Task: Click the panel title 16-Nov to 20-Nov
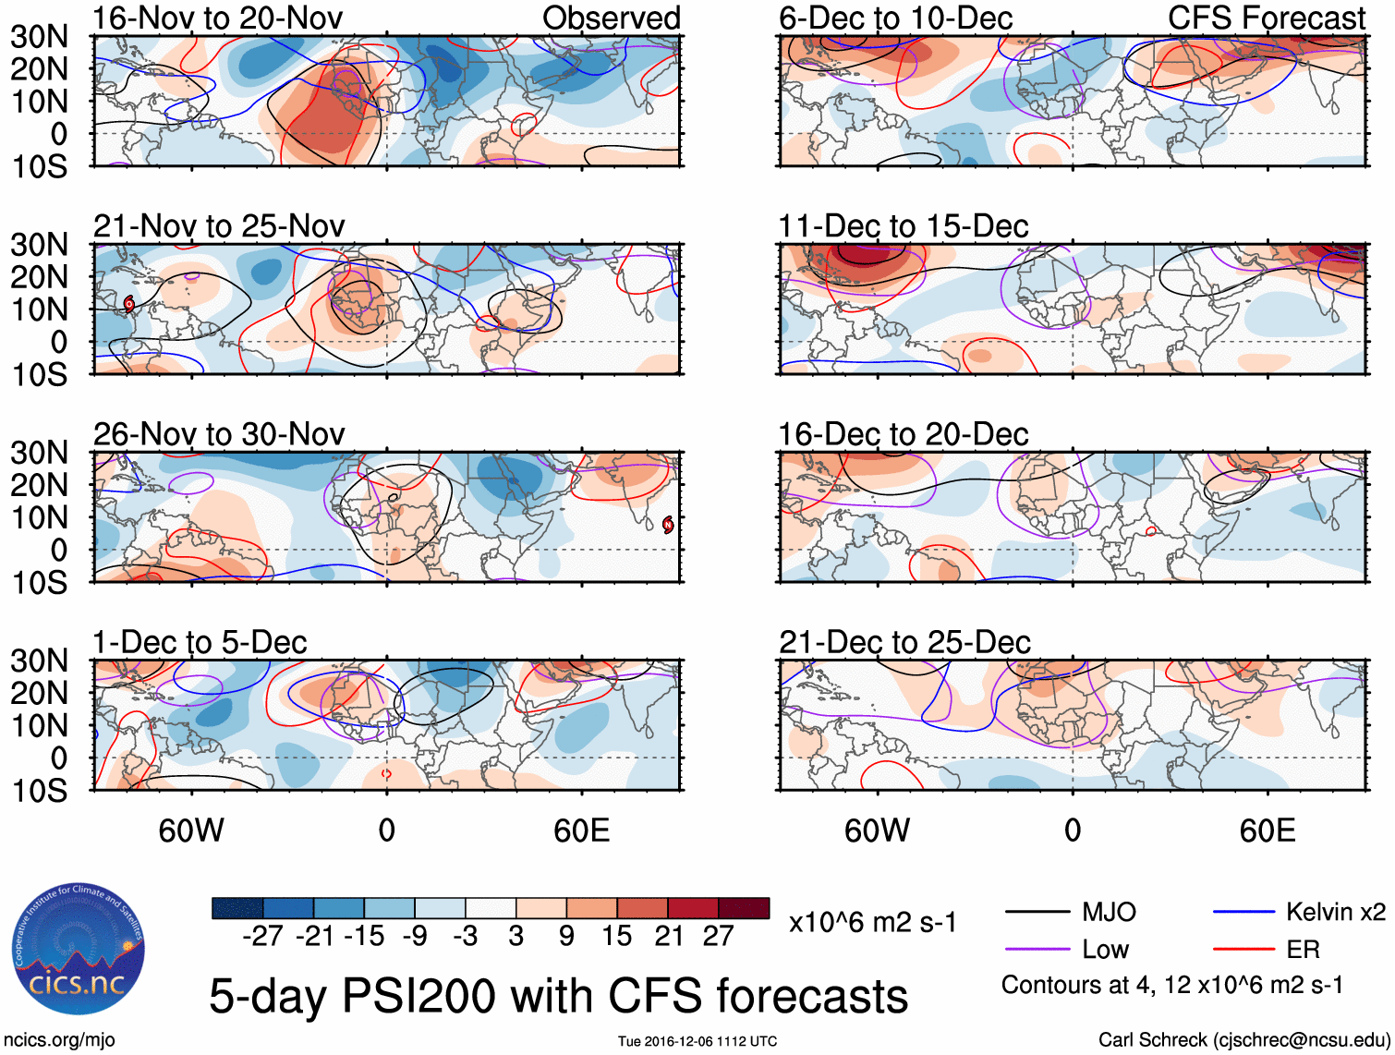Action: [218, 18]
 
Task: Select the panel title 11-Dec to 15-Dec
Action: [903, 226]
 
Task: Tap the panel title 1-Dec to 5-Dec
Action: [200, 642]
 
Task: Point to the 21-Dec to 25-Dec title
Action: [904, 642]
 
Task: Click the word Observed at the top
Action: [611, 18]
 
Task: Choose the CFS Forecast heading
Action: [1266, 18]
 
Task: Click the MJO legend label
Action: [1109, 913]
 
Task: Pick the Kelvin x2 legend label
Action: [1335, 913]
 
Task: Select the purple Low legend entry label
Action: [1105, 950]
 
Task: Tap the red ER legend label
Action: [1303, 950]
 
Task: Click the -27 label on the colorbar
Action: [262, 936]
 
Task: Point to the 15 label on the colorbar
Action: [617, 936]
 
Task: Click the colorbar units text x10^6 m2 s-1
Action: [872, 923]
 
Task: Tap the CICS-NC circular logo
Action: [79, 950]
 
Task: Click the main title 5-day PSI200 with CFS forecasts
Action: [558, 997]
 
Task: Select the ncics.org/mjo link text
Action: [59, 1040]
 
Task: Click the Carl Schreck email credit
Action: [1243, 1040]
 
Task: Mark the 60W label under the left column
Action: [191, 831]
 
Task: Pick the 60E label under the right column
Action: [1267, 831]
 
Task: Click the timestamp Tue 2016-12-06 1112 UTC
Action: [697, 1042]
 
